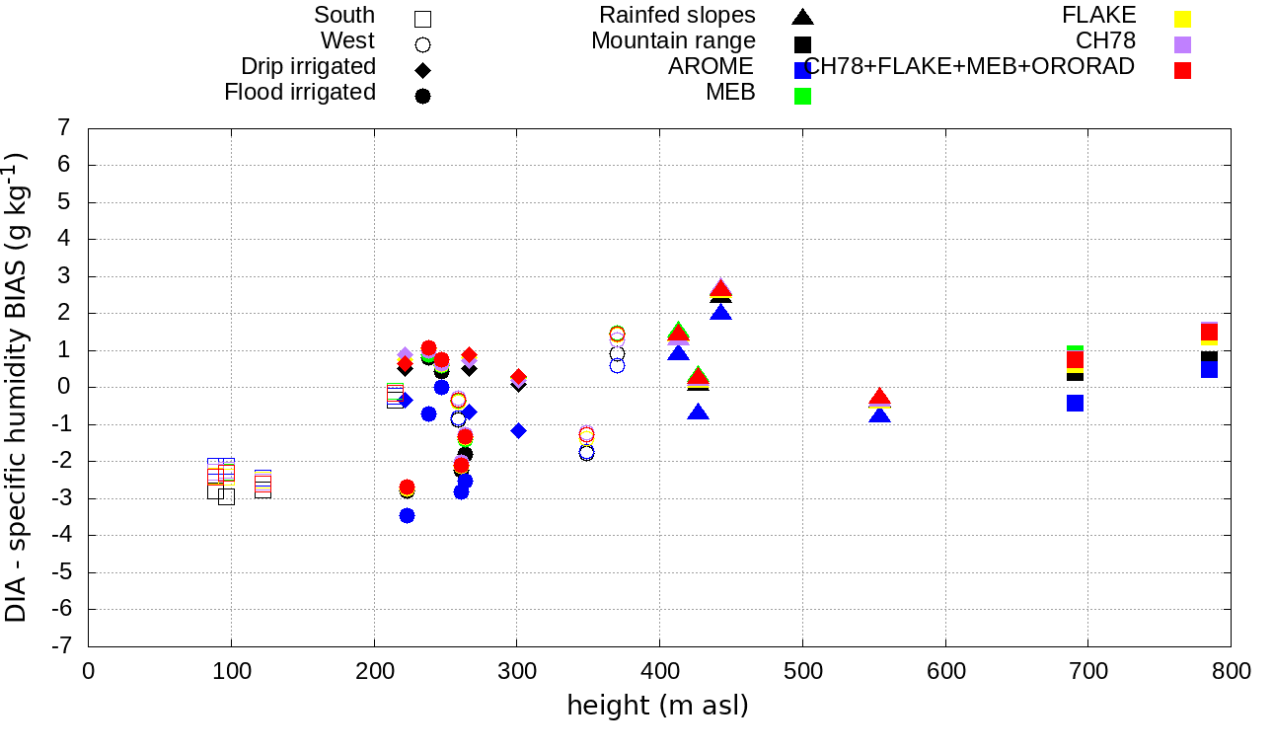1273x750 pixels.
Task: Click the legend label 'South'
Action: [344, 16]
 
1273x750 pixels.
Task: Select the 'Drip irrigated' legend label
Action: [308, 67]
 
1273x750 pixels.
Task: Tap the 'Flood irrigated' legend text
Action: [300, 93]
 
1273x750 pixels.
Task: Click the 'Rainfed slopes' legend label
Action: [677, 16]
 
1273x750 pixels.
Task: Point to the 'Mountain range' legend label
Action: [673, 41]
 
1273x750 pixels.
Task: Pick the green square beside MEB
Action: [802, 96]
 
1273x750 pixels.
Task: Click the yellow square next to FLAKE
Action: [1182, 19]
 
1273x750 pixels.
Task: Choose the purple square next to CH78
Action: [1182, 44]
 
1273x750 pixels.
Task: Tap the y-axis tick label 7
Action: [64, 128]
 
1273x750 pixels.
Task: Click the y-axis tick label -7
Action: [61, 646]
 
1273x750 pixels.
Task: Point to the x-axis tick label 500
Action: [802, 672]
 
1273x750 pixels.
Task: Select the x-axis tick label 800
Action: [1231, 672]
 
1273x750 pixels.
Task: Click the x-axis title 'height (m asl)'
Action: [657, 707]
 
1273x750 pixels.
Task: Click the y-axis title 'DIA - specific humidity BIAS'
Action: [16, 386]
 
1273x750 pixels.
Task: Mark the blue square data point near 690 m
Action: [1075, 403]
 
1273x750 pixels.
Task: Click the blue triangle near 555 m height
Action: [880, 415]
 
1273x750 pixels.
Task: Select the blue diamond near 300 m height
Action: [518, 430]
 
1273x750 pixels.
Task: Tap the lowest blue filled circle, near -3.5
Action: [407, 515]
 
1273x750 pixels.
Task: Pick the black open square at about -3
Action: [226, 496]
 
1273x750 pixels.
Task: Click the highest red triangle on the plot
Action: [720, 288]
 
